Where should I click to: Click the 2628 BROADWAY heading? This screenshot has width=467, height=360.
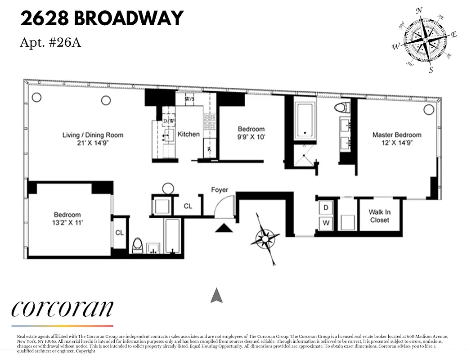pos(102,18)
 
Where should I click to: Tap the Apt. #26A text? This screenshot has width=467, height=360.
pos(50,42)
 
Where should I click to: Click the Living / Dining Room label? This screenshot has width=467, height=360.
pos(93,135)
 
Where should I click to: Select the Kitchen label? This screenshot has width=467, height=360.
pos(189,134)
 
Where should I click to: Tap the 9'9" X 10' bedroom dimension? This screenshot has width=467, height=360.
pos(251,137)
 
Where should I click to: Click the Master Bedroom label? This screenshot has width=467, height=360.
pos(397,135)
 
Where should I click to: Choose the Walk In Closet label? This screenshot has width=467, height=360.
pos(379,216)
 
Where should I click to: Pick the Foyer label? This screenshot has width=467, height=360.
pos(220,190)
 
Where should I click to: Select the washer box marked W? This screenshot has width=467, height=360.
pos(326,223)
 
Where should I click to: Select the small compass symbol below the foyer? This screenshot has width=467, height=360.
pos(265,237)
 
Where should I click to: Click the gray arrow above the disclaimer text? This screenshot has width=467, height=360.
pos(217,295)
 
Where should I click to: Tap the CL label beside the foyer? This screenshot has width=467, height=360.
pos(188,206)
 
